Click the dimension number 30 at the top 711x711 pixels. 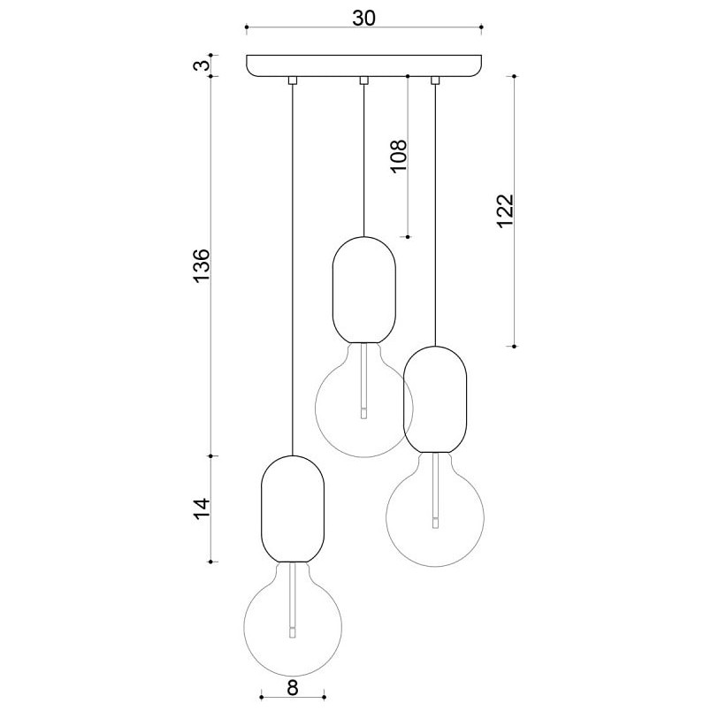coord(364,18)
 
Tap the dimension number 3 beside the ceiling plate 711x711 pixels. coord(204,65)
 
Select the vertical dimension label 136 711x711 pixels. coord(202,266)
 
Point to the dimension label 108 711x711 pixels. coord(399,157)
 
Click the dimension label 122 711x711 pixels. coord(505,211)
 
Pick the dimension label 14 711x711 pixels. coord(202,508)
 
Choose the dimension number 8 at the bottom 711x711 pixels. coord(293,688)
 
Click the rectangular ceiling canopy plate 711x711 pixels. coord(363,65)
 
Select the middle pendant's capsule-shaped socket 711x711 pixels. coord(364,290)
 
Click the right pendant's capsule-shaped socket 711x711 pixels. coord(435,400)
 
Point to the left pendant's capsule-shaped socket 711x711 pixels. coord(293,508)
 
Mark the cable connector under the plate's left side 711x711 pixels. coord(293,80)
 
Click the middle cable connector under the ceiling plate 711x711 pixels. coord(363,80)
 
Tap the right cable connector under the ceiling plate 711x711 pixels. coord(435,80)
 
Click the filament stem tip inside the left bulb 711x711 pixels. coord(293,633)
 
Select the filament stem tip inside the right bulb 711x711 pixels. coord(435,523)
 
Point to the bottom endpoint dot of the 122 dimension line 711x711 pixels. coord(514,346)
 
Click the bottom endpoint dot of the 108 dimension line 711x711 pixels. coord(408,237)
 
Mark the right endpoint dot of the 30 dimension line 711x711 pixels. coord(482,27)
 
